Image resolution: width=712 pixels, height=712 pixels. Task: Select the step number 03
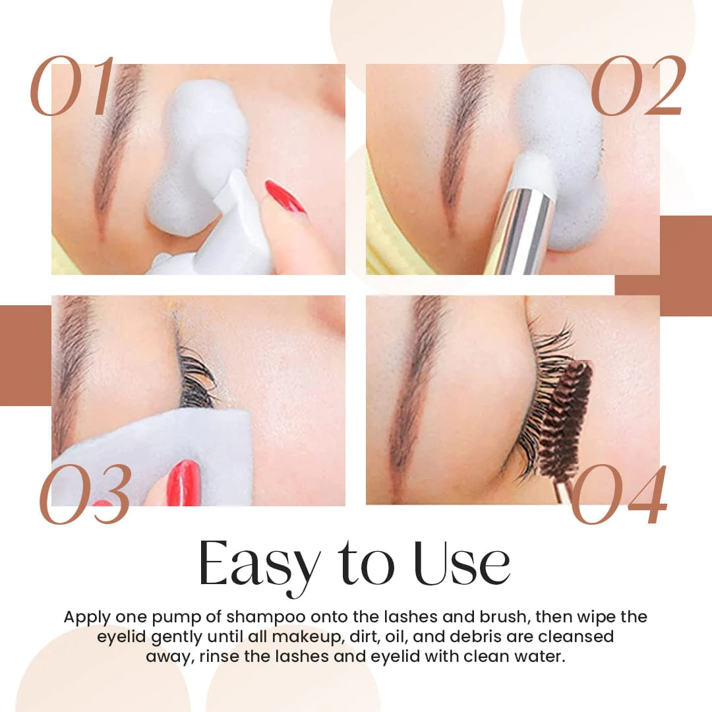coord(84,495)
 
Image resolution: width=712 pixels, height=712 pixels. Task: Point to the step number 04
coord(618,495)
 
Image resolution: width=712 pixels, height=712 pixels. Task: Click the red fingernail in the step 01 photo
coord(285,196)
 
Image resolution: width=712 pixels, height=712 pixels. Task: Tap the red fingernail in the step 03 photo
coord(183,482)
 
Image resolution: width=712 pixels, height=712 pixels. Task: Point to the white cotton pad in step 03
coord(152,448)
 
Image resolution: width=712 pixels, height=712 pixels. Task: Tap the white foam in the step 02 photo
coord(560,132)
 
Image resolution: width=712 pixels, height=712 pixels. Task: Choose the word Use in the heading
coord(461,565)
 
